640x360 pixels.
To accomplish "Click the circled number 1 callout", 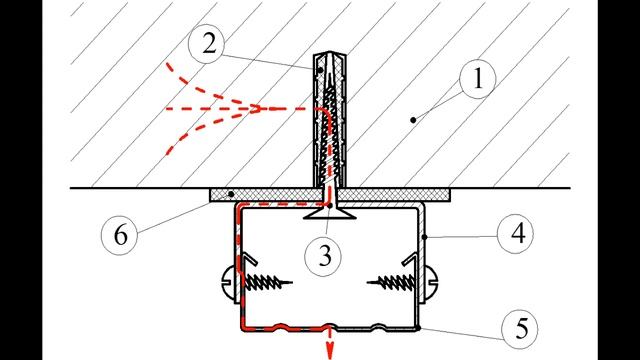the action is pos(478,79).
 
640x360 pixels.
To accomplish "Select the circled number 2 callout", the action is pos(207,44).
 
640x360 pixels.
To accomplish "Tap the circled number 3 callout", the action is pos(324,256).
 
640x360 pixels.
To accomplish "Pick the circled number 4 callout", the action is pos(516,234).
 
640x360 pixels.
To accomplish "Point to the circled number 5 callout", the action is pos(520,329).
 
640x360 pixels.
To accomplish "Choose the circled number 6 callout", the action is pos(120,236).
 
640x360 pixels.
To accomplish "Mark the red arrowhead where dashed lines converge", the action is pos(256,109).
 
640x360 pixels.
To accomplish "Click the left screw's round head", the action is pos(229,282).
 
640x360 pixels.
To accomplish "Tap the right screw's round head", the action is pos(431,282).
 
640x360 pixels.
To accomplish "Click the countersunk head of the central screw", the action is pos(330,213).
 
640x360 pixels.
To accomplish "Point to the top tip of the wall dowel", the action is pos(330,53).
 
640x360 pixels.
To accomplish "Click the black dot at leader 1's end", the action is pos(413,120).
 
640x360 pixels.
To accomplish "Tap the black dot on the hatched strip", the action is pos(231,194).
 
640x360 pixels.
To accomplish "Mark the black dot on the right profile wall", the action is pos(425,237).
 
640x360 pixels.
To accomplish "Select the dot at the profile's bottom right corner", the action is pos(418,328).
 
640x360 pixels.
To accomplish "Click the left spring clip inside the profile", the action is pos(250,260).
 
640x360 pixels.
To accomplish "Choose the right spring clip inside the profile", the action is pos(410,260).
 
